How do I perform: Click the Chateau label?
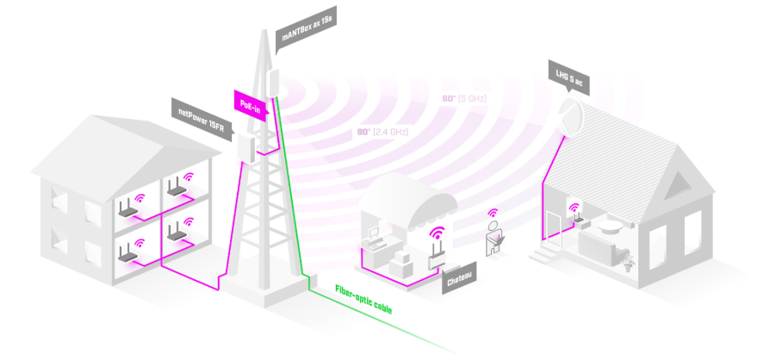[461, 281]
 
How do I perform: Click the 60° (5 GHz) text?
[465, 99]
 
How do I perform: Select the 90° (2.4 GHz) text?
[382, 132]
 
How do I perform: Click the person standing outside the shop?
[495, 238]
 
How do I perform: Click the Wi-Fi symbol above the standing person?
[494, 213]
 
